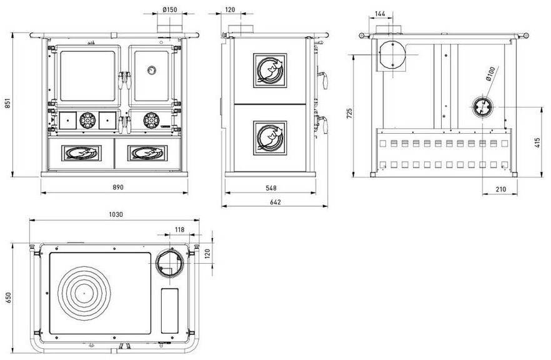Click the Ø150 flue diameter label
(x=170, y=9)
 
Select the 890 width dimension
(x=118, y=187)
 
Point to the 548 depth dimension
(x=271, y=188)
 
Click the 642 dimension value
(x=275, y=202)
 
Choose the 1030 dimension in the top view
(x=116, y=214)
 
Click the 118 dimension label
(x=179, y=229)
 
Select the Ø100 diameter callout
(x=490, y=74)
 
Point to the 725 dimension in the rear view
(x=349, y=113)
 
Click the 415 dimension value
(x=537, y=142)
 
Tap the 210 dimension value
(x=501, y=189)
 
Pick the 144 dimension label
(x=380, y=14)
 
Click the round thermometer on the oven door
(x=151, y=69)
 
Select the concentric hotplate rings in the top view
(x=84, y=293)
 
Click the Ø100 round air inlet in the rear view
(x=482, y=107)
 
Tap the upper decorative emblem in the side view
(x=270, y=70)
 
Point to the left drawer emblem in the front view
(x=81, y=153)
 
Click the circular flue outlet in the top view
(x=171, y=262)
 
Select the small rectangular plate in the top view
(x=169, y=311)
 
